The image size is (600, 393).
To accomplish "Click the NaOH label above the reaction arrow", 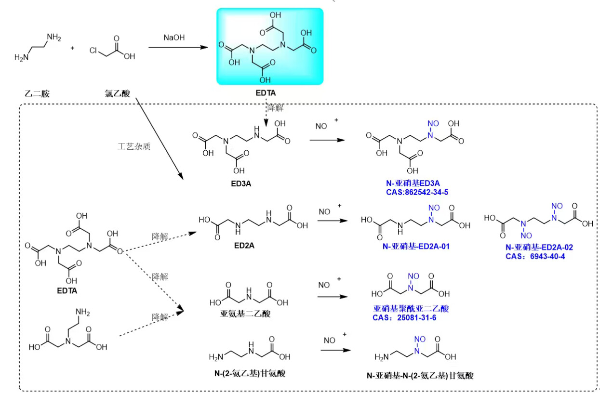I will click(x=174, y=37).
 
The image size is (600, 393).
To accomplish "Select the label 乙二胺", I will click(x=37, y=93).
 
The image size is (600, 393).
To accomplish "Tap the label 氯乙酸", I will click(x=118, y=93).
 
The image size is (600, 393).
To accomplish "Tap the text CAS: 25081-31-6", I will click(x=404, y=317).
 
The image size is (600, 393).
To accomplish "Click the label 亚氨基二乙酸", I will click(x=245, y=314).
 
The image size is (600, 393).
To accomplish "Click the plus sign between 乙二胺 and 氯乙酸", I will click(x=73, y=48).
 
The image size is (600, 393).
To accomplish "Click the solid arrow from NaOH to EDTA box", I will click(x=178, y=47).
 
